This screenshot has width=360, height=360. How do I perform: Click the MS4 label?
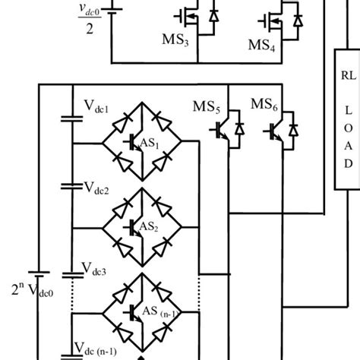(x=266, y=44)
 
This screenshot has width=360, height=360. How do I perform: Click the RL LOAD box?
(x=349, y=122)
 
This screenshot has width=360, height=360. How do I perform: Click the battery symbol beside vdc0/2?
(x=112, y=12)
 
